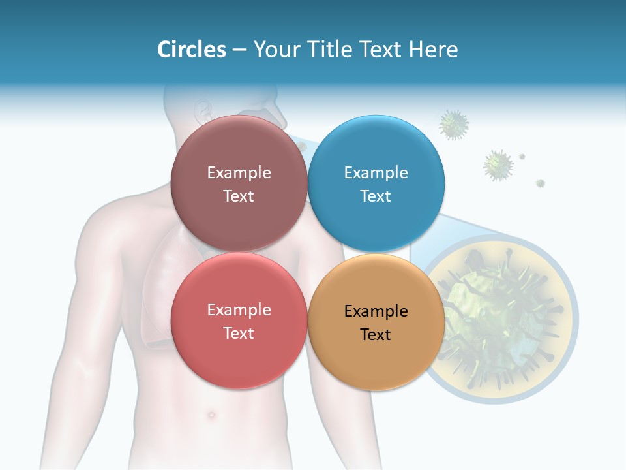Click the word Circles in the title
(x=191, y=50)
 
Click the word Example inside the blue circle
(x=376, y=173)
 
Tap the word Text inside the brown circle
(x=239, y=196)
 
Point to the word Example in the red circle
(x=239, y=310)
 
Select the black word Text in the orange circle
(x=376, y=335)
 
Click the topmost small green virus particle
(x=454, y=124)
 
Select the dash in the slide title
(x=239, y=50)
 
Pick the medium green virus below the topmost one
(x=498, y=165)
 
